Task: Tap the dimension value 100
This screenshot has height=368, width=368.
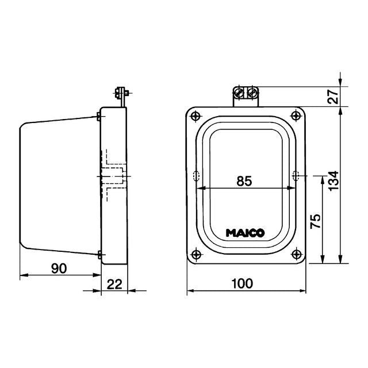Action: click(x=246, y=283)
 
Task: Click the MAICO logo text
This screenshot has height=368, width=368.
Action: click(x=245, y=233)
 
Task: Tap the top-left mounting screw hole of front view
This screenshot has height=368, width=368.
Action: click(x=196, y=117)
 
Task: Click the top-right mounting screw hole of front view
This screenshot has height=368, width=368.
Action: click(x=296, y=117)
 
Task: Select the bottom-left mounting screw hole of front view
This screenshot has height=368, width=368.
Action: click(x=196, y=254)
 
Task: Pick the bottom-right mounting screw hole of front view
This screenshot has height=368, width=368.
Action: click(x=296, y=254)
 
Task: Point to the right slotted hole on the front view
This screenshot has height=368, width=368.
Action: click(x=296, y=175)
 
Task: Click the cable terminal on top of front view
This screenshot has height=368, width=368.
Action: click(x=245, y=94)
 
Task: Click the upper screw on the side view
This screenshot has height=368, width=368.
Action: click(x=99, y=117)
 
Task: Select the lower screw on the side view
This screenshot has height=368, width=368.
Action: click(x=99, y=254)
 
